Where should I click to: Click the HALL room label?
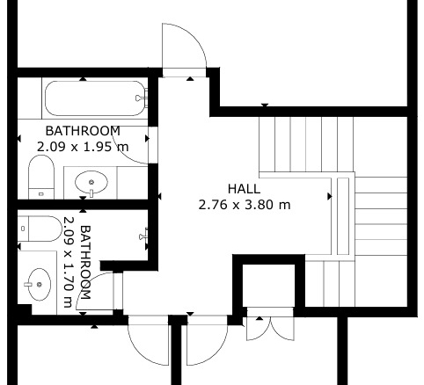pos(244,189)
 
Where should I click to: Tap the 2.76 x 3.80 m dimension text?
pos(245,205)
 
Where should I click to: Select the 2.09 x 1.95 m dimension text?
pos(83,147)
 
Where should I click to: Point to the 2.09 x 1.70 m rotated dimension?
pos(68,262)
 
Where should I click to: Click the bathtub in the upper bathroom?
pos(95,98)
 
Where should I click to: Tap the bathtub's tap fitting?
pos(142,98)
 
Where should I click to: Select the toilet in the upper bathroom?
pos(41,177)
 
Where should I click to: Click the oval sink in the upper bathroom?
pos(91,183)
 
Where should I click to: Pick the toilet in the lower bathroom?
pos(40,229)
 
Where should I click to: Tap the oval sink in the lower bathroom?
pos(38,284)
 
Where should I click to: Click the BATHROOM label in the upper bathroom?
pos(83,131)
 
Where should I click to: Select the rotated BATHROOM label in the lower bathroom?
pos(85,262)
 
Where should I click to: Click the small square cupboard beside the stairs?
pos(268,286)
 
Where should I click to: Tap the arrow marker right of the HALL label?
pos(330,196)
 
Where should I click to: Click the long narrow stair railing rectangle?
pos(343,216)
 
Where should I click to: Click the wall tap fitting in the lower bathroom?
pos(144,235)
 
